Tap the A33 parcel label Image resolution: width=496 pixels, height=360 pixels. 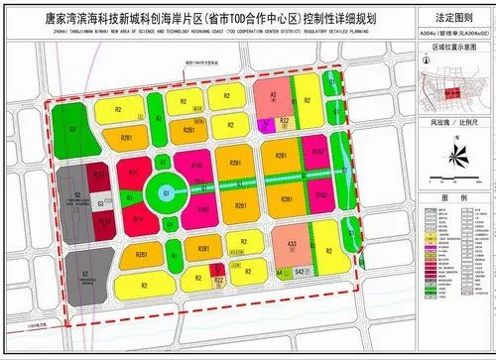pos(292,244)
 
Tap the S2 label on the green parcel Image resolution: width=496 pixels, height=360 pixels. pos(72,128)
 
